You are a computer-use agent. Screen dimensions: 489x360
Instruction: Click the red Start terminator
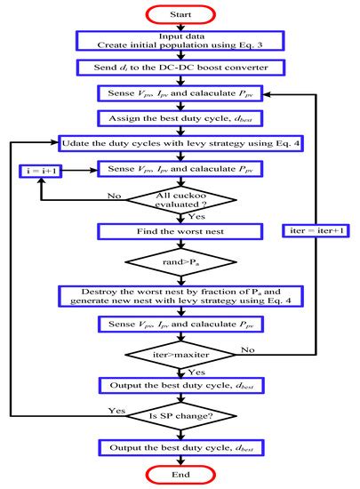click(180, 12)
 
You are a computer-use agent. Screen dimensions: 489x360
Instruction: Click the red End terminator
click(180, 476)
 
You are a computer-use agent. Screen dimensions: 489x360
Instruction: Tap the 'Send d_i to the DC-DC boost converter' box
click(180, 68)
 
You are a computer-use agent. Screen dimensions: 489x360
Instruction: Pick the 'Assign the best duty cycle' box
click(180, 116)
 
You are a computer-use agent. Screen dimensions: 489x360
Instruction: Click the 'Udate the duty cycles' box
click(180, 141)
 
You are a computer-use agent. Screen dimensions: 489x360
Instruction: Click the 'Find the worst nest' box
click(180, 231)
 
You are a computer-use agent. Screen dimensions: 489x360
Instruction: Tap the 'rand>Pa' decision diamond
click(180, 262)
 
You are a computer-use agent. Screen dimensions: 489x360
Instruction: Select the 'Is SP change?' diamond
click(180, 413)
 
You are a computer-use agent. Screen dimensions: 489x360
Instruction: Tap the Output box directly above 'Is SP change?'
click(180, 385)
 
